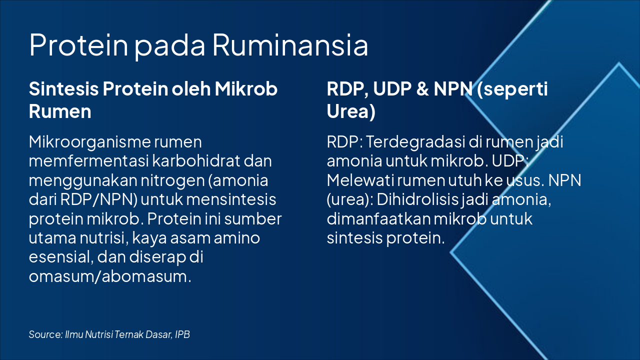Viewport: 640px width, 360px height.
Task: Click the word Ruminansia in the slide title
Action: (x=290, y=45)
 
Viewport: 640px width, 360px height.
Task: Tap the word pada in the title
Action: (x=170, y=45)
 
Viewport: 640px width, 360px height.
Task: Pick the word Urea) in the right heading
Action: (x=351, y=111)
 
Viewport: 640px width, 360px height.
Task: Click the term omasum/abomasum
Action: (x=109, y=276)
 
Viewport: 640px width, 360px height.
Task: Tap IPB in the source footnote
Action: (x=182, y=334)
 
